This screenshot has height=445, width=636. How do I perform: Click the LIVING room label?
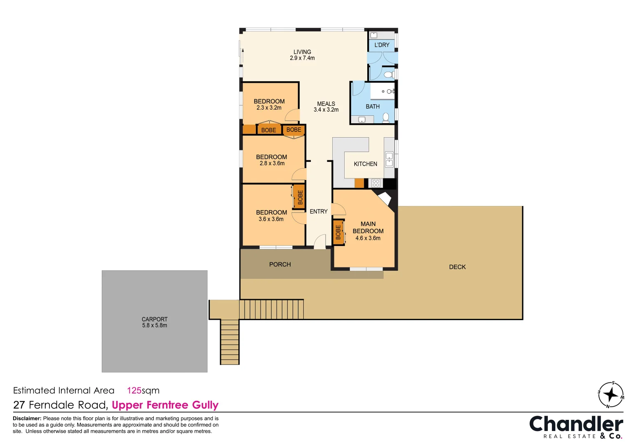coord(302,52)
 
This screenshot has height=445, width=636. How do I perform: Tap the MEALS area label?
coord(326,104)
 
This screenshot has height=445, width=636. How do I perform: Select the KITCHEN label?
coord(366,164)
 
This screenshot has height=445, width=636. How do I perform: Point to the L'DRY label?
coord(382,45)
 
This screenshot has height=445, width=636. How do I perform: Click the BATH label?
coord(373,107)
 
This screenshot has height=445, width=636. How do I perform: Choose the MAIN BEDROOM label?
coord(368,227)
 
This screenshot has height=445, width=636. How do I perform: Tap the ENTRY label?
coord(319,211)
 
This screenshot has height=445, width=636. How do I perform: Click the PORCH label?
coord(280,265)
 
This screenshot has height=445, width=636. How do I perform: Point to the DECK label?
coord(458,267)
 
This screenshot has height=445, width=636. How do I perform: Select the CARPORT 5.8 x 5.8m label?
coord(155,322)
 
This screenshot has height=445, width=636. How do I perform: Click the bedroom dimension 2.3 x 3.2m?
coord(269,108)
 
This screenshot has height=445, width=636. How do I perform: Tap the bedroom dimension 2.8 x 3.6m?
coord(272,164)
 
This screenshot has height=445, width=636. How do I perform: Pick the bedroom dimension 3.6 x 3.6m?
coord(271,219)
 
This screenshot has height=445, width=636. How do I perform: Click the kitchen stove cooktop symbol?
coord(375,183)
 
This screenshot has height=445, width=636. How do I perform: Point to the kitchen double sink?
coord(389,159)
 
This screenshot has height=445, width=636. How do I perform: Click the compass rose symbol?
coord(611,395)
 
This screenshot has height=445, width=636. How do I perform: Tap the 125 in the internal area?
coord(134,391)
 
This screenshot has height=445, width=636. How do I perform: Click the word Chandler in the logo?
coord(576,424)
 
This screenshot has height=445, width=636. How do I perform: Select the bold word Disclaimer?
coord(27,418)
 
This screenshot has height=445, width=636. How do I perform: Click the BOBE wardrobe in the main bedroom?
coord(338,232)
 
